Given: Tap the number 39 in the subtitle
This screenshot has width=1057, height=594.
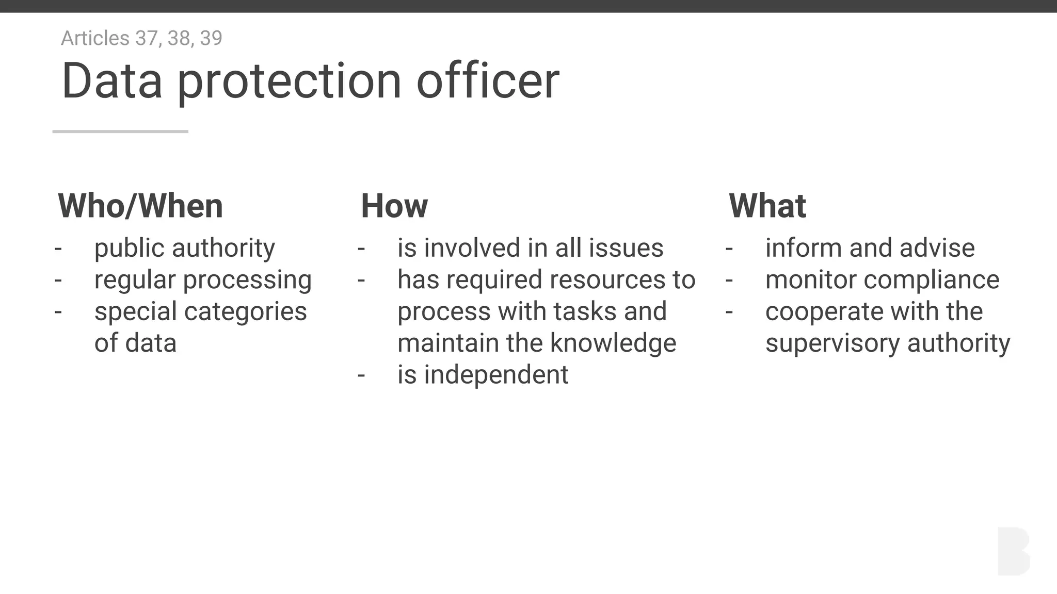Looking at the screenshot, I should [211, 38].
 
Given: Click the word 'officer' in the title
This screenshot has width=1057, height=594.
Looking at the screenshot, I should [488, 81].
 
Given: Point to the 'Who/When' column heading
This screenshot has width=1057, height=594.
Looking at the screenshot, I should [140, 206].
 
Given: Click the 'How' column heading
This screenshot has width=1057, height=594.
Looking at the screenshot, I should [394, 206].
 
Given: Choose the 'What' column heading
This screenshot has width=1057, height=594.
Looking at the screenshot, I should [767, 206].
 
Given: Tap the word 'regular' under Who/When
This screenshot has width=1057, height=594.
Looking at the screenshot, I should [135, 280].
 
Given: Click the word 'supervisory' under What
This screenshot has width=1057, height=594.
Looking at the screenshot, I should [832, 343].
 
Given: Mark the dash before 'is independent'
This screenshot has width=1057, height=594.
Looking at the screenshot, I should [361, 375].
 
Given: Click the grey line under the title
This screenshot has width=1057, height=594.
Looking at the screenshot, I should [120, 131].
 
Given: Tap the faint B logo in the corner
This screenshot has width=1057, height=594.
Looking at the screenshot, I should [1013, 551].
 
